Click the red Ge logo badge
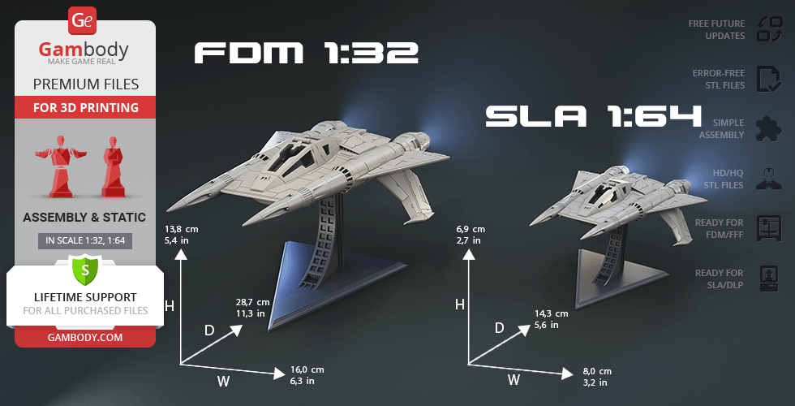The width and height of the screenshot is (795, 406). click(82, 21)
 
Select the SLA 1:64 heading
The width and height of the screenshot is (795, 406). click(593, 116)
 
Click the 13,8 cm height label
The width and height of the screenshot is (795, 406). click(181, 229)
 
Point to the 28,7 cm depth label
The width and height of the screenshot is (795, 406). click(252, 302)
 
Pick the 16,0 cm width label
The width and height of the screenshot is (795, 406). click(307, 369)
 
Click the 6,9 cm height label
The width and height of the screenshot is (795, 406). click(471, 229)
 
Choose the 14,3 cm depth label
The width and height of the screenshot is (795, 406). click(551, 313)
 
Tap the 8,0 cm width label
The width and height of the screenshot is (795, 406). click(597, 372)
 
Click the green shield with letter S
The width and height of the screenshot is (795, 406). click(84, 270)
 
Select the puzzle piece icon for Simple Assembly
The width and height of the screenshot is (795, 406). click(769, 129)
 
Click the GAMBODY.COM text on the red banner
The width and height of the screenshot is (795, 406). click(85, 337)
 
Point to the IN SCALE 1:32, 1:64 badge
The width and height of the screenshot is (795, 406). click(85, 241)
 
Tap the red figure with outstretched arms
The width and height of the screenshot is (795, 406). click(60, 166)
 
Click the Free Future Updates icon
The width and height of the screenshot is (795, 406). click(770, 29)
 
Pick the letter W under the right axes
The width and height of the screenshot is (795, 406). click(514, 380)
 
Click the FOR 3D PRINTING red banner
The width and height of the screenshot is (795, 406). click(85, 107)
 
